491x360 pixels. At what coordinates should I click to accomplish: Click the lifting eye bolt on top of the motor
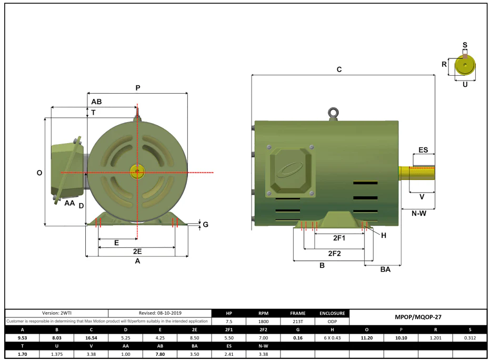333,114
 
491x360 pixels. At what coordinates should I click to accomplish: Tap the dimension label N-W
419,214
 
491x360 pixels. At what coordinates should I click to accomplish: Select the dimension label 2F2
334,253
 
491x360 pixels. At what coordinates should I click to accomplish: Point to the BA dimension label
385,269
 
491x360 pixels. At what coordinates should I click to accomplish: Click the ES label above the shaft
423,150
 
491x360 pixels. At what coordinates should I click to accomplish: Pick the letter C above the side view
339,69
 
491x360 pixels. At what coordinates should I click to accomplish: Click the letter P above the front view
138,88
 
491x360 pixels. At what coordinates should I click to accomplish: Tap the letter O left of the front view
39,173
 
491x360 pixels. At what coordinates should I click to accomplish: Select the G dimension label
205,224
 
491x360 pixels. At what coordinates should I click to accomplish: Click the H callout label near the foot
384,235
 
